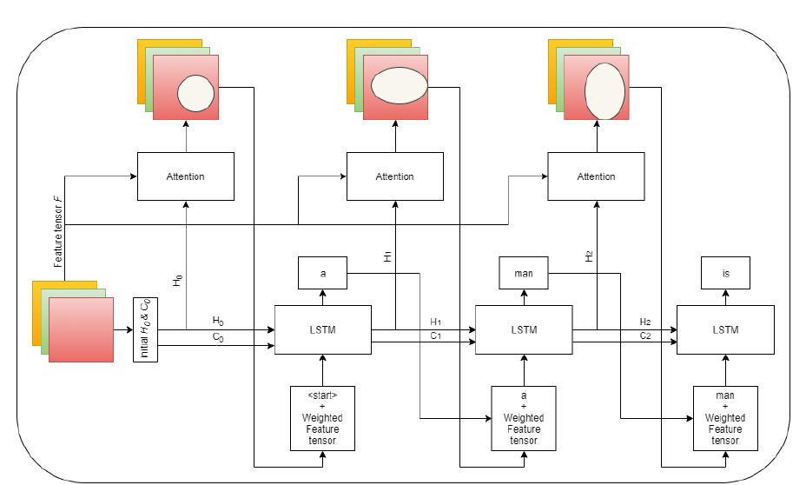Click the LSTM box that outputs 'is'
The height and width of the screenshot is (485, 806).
point(724,329)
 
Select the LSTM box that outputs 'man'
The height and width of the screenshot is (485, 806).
point(524,329)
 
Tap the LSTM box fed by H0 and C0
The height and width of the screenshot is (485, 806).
point(322,329)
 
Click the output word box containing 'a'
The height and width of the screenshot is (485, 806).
point(322,273)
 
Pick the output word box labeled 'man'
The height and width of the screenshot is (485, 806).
point(523,273)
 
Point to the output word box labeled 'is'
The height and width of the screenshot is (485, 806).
point(724,273)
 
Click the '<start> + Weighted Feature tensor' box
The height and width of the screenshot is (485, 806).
point(322,418)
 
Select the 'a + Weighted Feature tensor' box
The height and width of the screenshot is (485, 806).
point(523,418)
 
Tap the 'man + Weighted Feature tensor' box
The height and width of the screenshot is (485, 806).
point(724,418)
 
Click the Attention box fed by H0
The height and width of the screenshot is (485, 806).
point(185,176)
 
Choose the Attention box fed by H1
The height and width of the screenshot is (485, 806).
point(394,176)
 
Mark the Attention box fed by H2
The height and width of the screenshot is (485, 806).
point(596,176)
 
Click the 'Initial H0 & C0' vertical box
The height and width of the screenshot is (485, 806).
point(145,329)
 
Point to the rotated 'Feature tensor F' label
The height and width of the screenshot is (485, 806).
point(58,231)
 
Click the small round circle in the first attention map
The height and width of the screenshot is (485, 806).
point(195,93)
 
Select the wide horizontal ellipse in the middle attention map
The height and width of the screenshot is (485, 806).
point(399,87)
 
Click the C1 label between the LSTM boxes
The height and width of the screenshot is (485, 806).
point(436,336)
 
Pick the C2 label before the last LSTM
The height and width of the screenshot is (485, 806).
point(645,336)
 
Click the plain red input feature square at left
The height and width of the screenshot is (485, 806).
point(81,329)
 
